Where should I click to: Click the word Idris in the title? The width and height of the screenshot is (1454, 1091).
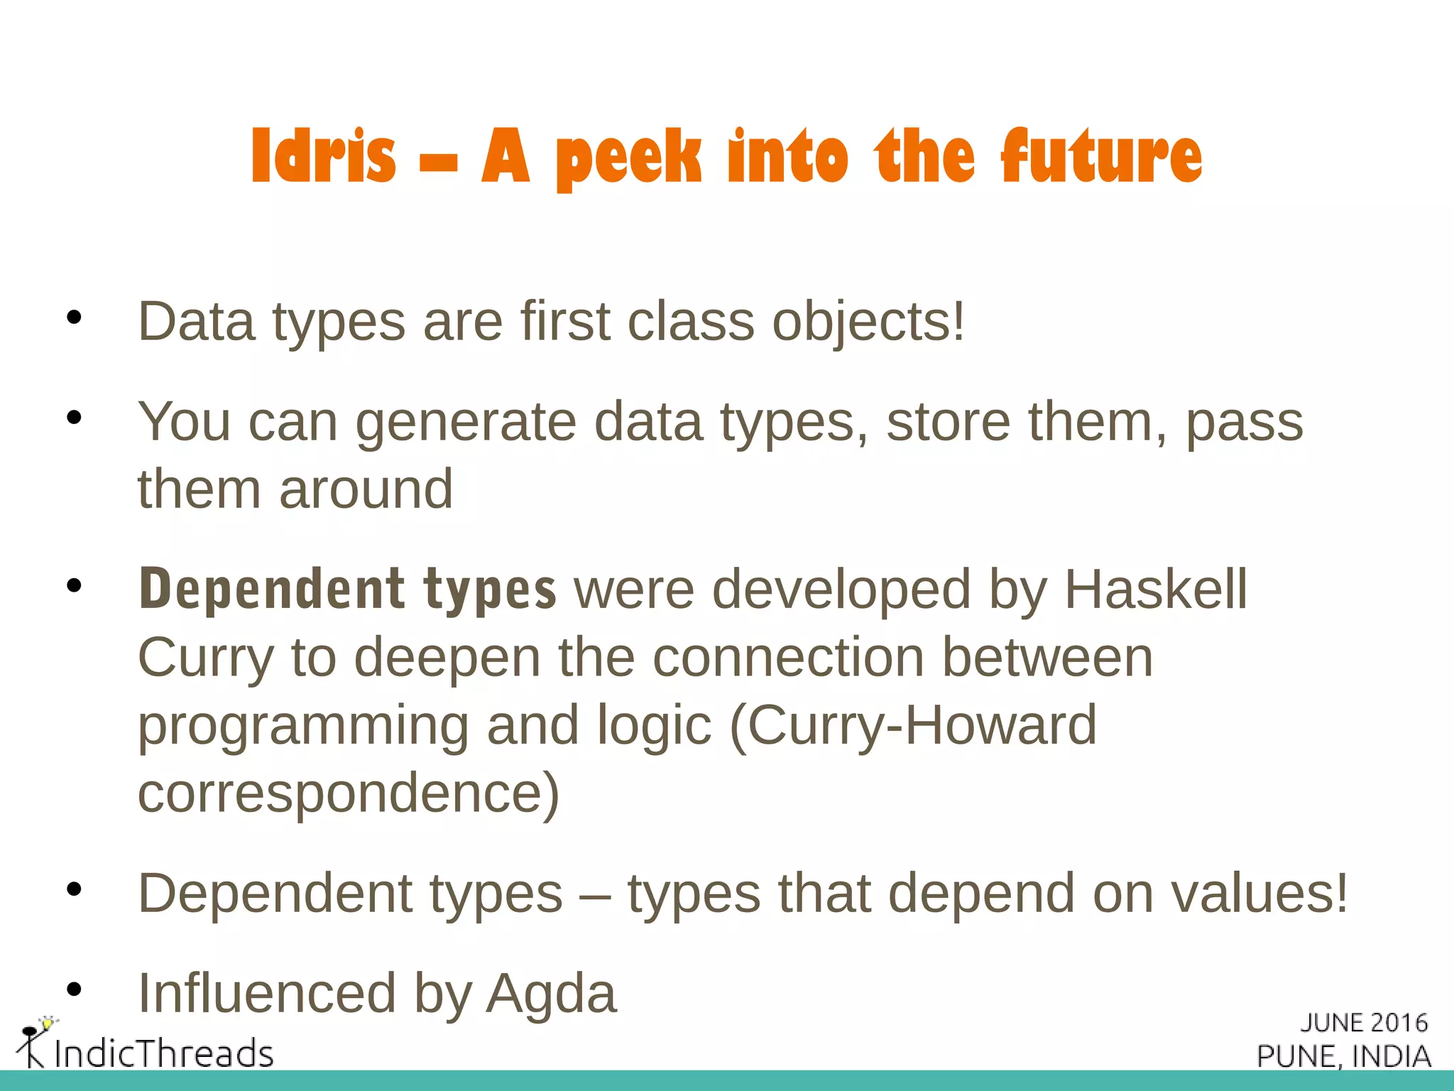(323, 156)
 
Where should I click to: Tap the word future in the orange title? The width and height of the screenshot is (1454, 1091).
(1101, 156)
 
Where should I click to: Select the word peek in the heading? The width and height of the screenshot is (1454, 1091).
(628, 158)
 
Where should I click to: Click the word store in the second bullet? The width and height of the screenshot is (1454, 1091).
(949, 422)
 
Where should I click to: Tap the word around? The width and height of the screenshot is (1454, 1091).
(366, 490)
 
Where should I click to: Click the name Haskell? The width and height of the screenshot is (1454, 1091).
(1155, 590)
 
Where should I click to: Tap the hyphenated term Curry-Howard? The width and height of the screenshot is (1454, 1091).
(913, 726)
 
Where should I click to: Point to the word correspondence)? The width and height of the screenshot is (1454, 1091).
(349, 794)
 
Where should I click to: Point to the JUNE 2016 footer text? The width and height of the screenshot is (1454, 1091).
(1363, 1023)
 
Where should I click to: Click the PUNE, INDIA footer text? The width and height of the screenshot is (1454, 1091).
(1343, 1056)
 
